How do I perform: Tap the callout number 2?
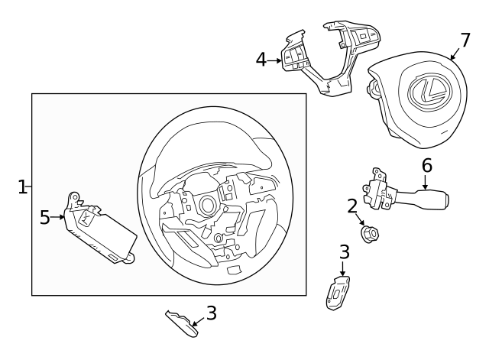(352, 205)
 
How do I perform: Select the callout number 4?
(261, 59)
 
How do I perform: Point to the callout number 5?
(44, 218)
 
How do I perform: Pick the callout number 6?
(426, 165)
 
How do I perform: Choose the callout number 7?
(465, 40)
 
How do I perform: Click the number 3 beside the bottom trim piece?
(212, 313)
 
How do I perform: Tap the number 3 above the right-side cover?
(344, 251)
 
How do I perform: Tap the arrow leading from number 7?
(455, 54)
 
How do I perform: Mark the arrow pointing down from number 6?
(426, 182)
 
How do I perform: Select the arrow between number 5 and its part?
(58, 218)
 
